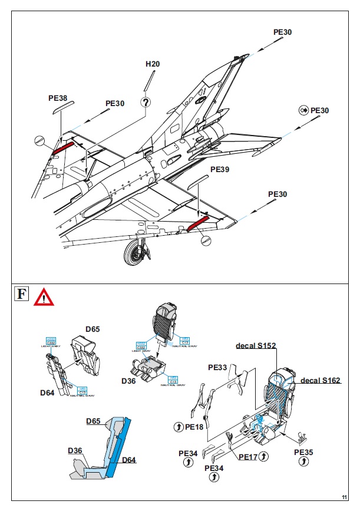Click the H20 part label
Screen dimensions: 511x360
coord(153,64)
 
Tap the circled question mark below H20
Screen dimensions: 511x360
coord(146,101)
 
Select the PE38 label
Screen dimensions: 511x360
coord(58,98)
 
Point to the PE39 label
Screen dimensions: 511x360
coord(220,169)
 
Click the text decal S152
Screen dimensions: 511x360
coord(256,345)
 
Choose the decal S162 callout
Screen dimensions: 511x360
coord(321,381)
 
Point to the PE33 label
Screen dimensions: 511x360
coord(217,366)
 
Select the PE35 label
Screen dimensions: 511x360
coord(304,452)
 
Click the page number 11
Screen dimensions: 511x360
coord(344,496)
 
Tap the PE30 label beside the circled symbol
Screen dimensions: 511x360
coord(319,111)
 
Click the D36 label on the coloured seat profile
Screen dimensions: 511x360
coord(74,451)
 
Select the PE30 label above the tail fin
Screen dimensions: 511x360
coord(282,32)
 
